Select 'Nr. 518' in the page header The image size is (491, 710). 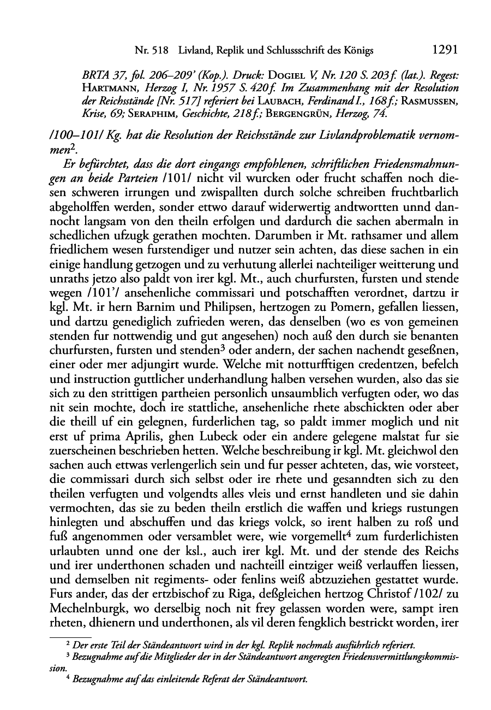(x=151, y=50)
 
